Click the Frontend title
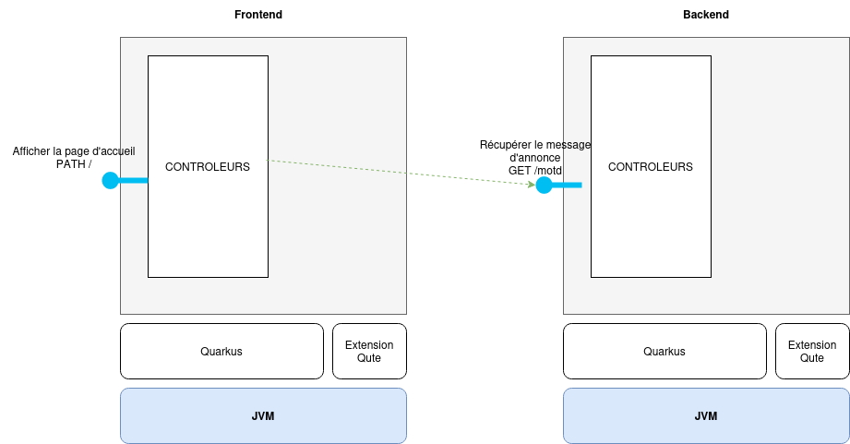pyautogui.click(x=258, y=15)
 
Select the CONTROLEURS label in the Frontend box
pyautogui.click(x=208, y=167)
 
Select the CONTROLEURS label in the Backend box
pyautogui.click(x=651, y=167)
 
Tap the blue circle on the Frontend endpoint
pyautogui.click(x=111, y=180)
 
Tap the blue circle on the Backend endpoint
pyautogui.click(x=544, y=186)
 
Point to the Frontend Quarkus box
pyautogui.click(x=221, y=351)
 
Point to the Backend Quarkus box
pyautogui.click(x=664, y=351)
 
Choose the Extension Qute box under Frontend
pyautogui.click(x=369, y=351)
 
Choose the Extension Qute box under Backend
pyautogui.click(x=812, y=351)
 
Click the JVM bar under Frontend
pyautogui.click(x=263, y=415)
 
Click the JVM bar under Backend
pyautogui.click(x=706, y=415)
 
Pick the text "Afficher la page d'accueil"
pyautogui.click(x=74, y=151)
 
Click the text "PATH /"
pyautogui.click(x=74, y=164)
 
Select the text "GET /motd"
pyautogui.click(x=535, y=171)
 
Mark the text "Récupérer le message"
pyautogui.click(x=535, y=145)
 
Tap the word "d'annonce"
pyautogui.click(x=535, y=158)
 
